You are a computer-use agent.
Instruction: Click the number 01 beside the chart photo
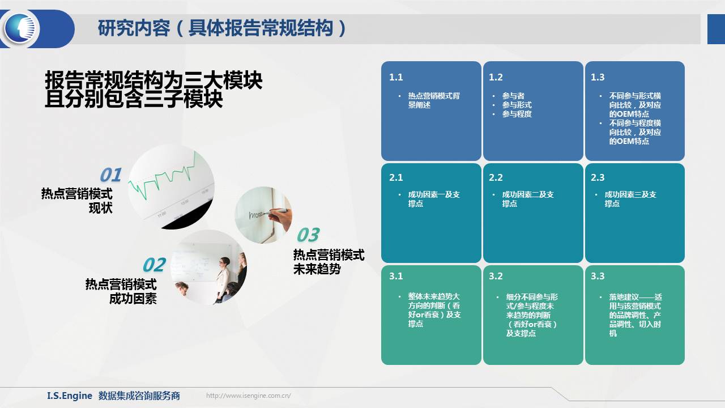point(110,175)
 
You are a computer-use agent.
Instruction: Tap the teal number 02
point(155,265)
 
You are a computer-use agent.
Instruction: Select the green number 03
point(308,235)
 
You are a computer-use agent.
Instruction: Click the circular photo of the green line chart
point(171,187)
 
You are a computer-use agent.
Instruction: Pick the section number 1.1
point(396,78)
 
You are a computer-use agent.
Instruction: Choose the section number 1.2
point(496,78)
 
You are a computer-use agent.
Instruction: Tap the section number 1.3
point(598,78)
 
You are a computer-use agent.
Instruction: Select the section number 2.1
point(396,177)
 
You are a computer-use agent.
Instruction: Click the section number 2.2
point(496,177)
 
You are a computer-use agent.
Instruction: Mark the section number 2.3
point(598,177)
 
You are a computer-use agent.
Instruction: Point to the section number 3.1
point(396,276)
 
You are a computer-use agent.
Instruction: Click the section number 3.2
point(496,276)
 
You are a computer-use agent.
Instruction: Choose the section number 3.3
point(598,276)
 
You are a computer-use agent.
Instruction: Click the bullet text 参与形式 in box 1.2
point(517,105)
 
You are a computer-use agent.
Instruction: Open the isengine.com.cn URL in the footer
point(249,396)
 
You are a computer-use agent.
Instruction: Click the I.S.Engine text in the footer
point(70,396)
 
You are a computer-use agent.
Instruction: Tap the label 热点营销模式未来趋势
point(329,262)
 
